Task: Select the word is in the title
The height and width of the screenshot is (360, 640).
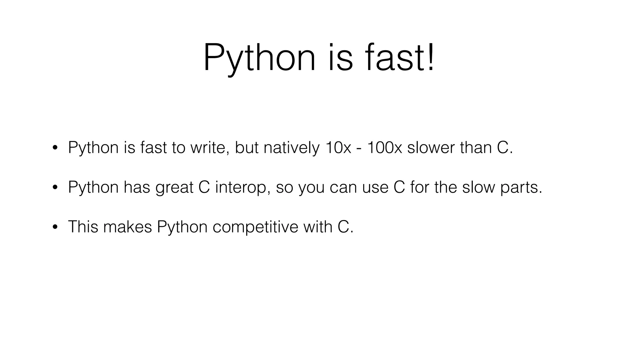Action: pyautogui.click(x=341, y=58)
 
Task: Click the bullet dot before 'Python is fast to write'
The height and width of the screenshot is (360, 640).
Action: pyautogui.click(x=55, y=148)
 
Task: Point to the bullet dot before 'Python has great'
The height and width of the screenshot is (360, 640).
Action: pyautogui.click(x=55, y=187)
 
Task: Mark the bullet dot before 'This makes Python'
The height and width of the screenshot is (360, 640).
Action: pyautogui.click(x=55, y=227)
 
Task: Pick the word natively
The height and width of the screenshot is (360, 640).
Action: pyautogui.click(x=292, y=147)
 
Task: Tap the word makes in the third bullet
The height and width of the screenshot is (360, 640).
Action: pyautogui.click(x=127, y=227)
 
